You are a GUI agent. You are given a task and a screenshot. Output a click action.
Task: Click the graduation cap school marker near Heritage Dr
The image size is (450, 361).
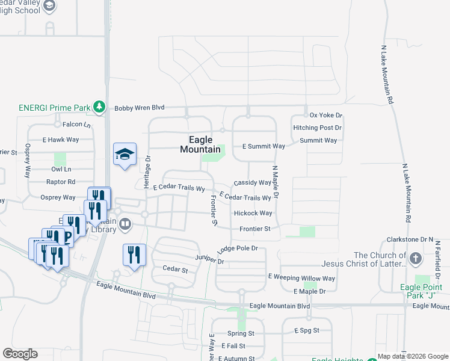(x=125, y=155)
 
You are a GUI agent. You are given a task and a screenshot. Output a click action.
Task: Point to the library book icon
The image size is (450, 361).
(x=125, y=224)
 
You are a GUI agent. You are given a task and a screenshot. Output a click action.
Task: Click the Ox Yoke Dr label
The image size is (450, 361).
(x=325, y=115)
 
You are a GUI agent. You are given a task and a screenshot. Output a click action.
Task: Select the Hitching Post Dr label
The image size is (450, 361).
(x=317, y=128)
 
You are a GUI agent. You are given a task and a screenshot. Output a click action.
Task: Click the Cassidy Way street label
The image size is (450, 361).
(x=253, y=182)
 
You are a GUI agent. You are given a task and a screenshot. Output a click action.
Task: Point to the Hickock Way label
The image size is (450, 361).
(x=253, y=213)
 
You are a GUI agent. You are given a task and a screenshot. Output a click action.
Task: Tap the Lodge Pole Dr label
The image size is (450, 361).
(x=238, y=248)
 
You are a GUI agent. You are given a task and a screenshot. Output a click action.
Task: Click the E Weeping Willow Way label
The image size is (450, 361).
(x=301, y=278)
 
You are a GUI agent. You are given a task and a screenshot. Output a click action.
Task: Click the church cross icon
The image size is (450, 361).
(x=415, y=259)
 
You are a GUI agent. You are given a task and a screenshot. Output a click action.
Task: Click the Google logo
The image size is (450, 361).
(x=20, y=354)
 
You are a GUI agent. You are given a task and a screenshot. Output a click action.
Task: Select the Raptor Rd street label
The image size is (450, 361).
(x=61, y=182)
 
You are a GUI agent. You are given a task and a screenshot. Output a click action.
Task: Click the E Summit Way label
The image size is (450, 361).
(x=264, y=146)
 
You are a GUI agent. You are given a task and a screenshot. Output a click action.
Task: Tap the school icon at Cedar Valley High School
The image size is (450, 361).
(x=49, y=6)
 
